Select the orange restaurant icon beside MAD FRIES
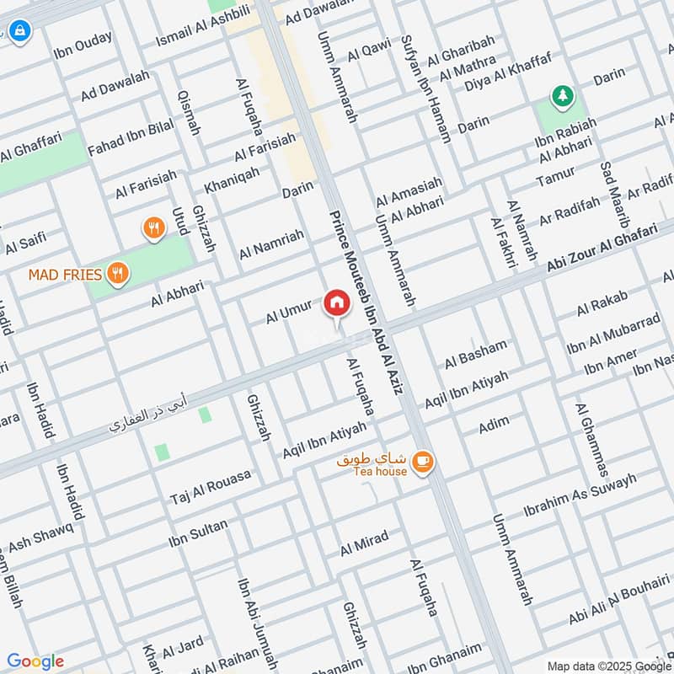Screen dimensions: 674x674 pyautogui.click(x=119, y=273)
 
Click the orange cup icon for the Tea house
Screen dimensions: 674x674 pyautogui.click(x=423, y=461)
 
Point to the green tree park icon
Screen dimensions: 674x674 pyautogui.click(x=560, y=97)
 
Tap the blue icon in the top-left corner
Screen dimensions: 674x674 pyautogui.click(x=19, y=33)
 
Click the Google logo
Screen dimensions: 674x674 pyautogui.click(x=35, y=661)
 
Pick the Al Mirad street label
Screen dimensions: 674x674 pyautogui.click(x=364, y=543)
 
